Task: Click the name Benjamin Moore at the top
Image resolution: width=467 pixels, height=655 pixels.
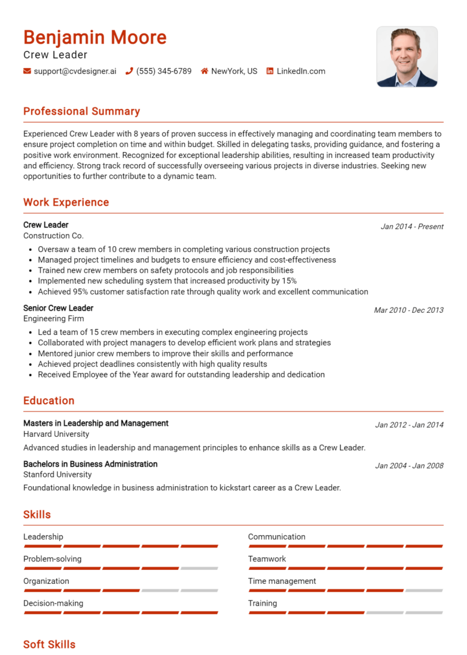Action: pyautogui.click(x=95, y=38)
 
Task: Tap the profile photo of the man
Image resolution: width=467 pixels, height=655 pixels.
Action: pyautogui.click(x=407, y=57)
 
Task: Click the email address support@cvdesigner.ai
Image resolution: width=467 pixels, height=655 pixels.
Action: pyautogui.click(x=75, y=71)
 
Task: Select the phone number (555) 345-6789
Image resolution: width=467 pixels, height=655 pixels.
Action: pyautogui.click(x=164, y=71)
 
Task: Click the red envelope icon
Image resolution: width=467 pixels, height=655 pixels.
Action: pyautogui.click(x=27, y=71)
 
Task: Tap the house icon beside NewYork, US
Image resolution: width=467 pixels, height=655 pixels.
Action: pyautogui.click(x=205, y=71)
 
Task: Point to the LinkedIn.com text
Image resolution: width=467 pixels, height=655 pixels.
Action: pyautogui.click(x=301, y=71)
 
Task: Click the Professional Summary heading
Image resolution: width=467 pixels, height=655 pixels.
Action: pyautogui.click(x=81, y=111)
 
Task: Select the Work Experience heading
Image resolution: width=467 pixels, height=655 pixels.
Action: pyautogui.click(x=66, y=202)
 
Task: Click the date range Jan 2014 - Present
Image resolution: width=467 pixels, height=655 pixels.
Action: pyautogui.click(x=412, y=227)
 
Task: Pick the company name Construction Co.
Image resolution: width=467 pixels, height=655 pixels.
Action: pyautogui.click(x=54, y=236)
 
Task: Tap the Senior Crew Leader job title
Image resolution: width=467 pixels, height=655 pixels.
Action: pyautogui.click(x=58, y=308)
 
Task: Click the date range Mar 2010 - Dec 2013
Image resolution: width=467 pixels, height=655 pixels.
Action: pyautogui.click(x=409, y=310)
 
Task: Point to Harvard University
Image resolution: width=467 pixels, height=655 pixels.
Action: pyautogui.click(x=56, y=434)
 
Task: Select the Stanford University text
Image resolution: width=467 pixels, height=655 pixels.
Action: pyautogui.click(x=57, y=475)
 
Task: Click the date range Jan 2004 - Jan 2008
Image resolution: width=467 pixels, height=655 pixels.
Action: pyautogui.click(x=409, y=466)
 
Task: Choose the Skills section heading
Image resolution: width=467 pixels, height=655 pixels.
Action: pyautogui.click(x=37, y=515)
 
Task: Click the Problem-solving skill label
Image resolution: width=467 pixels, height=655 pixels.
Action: pyautogui.click(x=52, y=559)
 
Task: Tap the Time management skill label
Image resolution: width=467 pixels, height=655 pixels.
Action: pyautogui.click(x=282, y=581)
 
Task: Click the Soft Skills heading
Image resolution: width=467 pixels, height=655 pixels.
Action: pyautogui.click(x=49, y=644)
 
